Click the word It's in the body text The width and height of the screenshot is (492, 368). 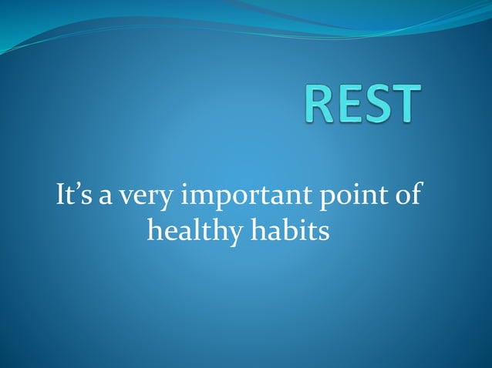coord(75,195)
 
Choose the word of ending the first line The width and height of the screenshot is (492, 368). coord(406,195)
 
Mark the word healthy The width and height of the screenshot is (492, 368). coord(194,231)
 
